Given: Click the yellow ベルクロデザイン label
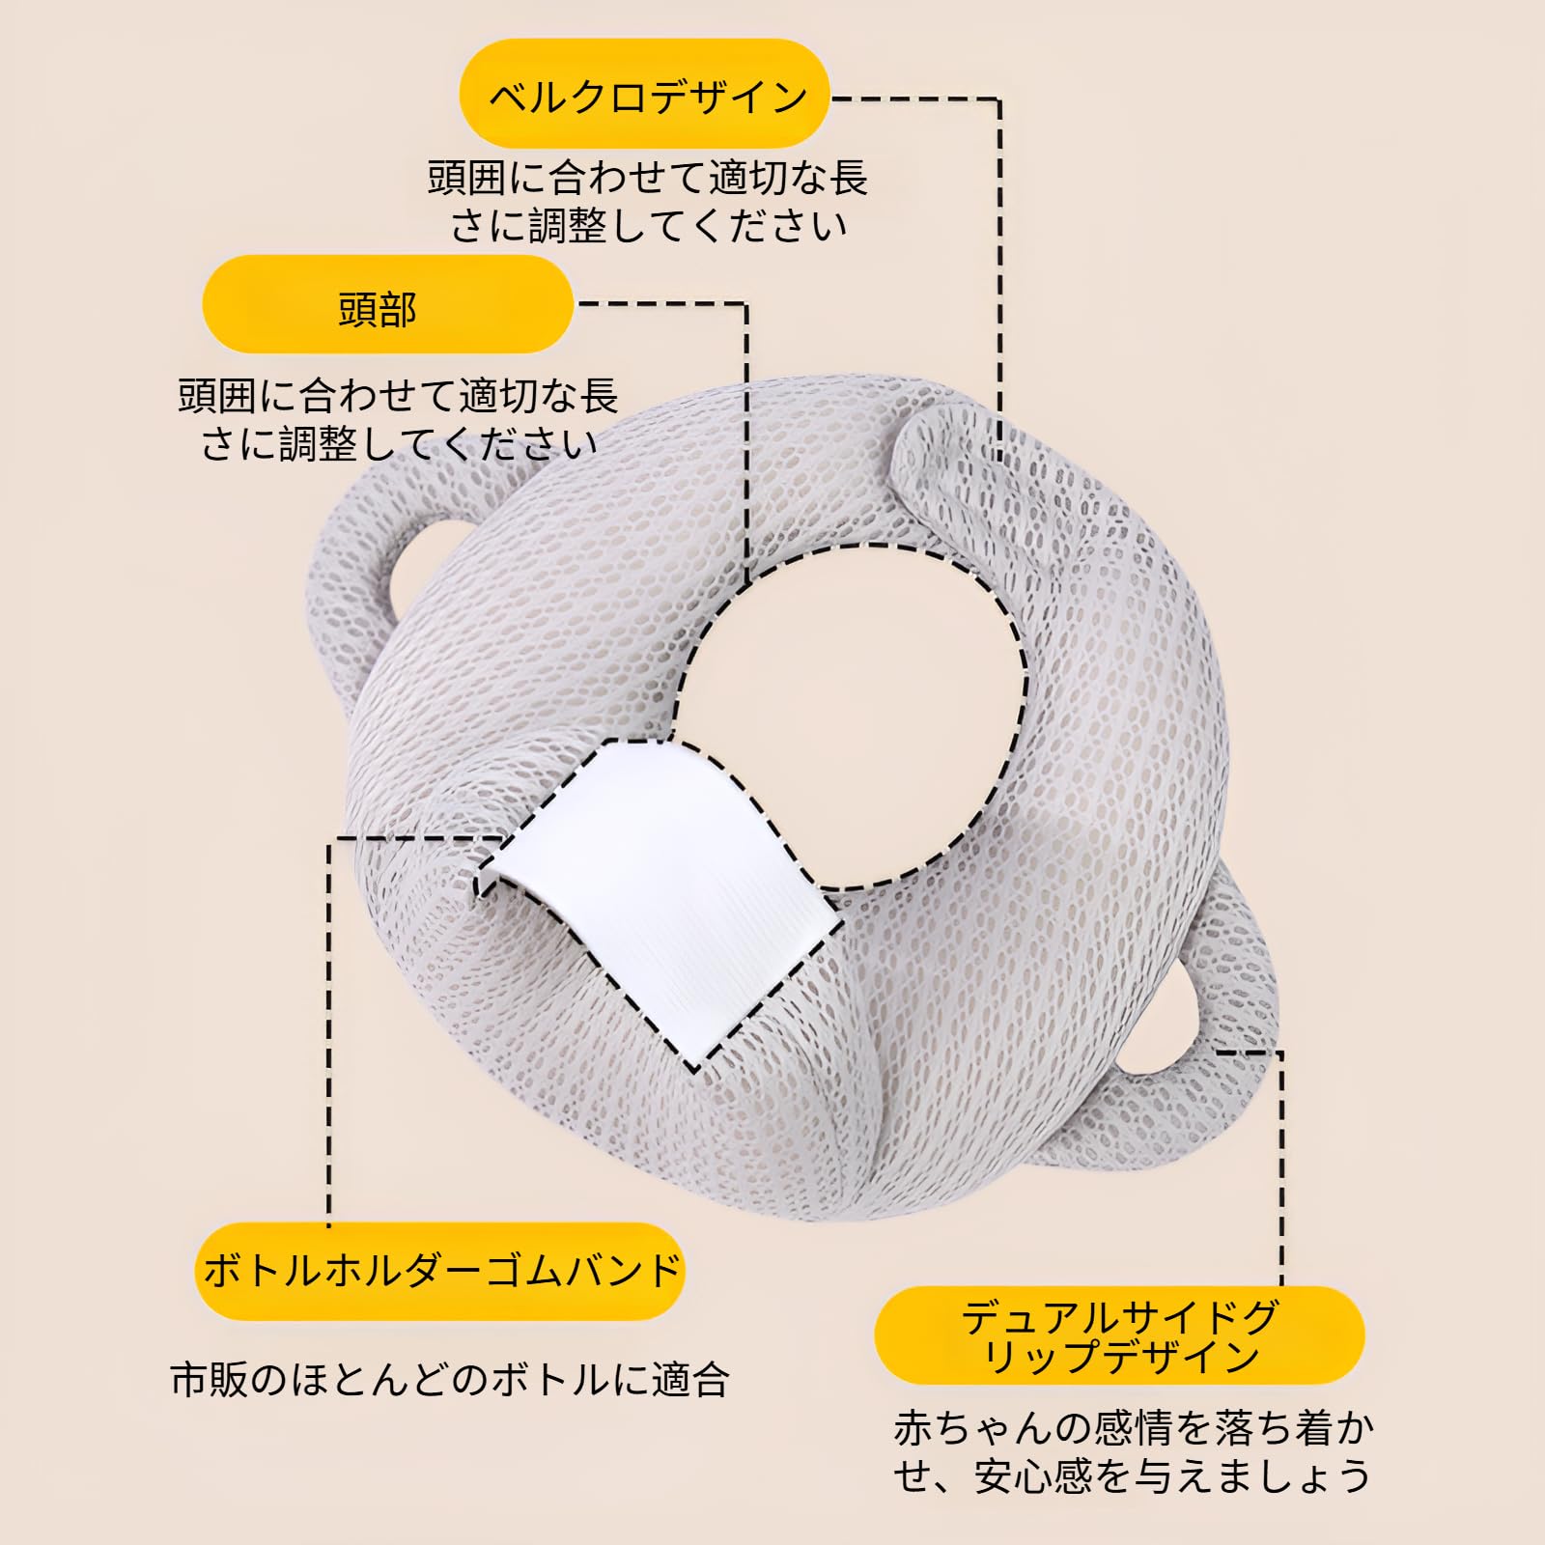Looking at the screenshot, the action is click(x=645, y=96).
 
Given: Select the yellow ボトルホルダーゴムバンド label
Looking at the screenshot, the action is click(x=440, y=1270).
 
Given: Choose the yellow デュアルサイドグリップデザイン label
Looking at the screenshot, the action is click(x=1119, y=1335).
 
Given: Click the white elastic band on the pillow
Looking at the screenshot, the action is click(x=666, y=898).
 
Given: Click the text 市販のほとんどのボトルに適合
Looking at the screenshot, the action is click(x=449, y=1380).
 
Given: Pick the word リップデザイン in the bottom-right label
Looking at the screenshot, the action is click(x=1120, y=1357).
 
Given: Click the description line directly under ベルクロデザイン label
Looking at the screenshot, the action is click(x=647, y=178).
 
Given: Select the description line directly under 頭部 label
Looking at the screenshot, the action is click(x=398, y=396).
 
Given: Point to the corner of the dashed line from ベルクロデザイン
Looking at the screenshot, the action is click(x=998, y=98).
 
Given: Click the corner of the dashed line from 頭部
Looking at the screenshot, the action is click(x=745, y=305).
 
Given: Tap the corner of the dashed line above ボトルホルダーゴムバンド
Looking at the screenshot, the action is click(x=329, y=838).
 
